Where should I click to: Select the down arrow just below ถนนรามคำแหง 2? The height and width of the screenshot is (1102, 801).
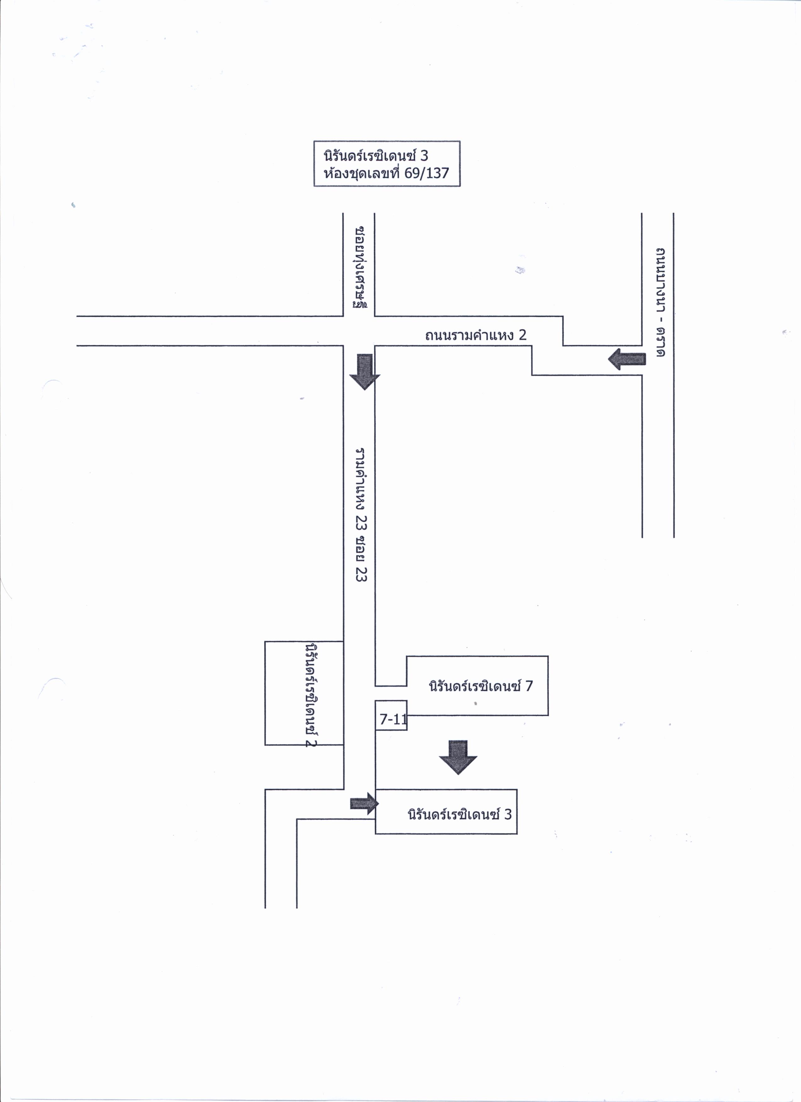click(364, 372)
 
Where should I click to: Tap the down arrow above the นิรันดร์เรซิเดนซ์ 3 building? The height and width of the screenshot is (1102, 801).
click(458, 758)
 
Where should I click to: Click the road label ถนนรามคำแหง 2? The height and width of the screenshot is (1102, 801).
click(476, 335)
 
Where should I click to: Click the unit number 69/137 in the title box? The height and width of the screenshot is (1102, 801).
click(427, 173)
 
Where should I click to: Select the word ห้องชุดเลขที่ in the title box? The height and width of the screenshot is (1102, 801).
click(362, 173)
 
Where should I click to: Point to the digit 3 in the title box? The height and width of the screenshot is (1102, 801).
click(424, 156)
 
